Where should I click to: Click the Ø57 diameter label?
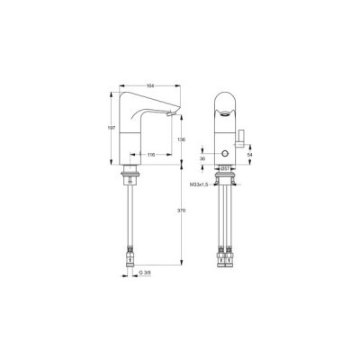click(227, 168)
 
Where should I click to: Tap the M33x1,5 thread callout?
click(201, 186)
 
